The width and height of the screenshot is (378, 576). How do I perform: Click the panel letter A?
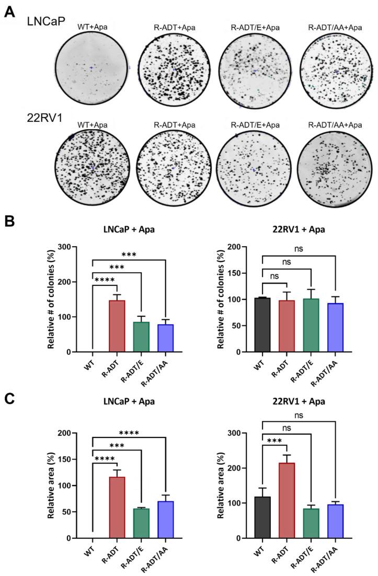(x=9, y=12)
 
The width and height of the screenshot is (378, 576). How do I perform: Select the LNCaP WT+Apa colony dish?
(x=91, y=68)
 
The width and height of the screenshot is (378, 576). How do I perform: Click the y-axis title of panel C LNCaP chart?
(x=52, y=485)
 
